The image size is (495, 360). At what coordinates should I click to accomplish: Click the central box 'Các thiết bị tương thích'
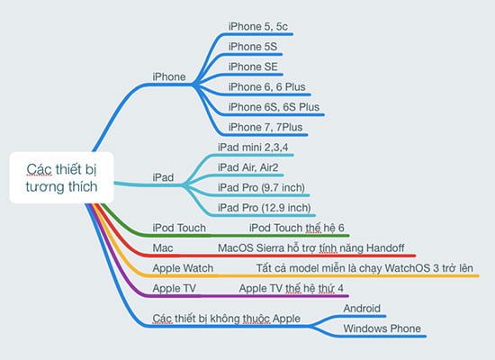click(61, 177)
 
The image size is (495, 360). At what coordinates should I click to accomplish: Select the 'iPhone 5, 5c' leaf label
click(258, 26)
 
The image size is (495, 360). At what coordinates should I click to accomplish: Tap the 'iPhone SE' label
click(253, 67)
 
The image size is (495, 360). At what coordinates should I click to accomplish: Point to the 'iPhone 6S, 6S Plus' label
click(274, 107)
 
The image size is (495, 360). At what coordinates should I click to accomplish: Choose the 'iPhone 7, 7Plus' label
click(265, 127)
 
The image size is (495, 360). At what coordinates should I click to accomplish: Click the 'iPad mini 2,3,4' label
click(253, 148)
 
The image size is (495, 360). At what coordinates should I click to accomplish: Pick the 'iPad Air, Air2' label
click(247, 167)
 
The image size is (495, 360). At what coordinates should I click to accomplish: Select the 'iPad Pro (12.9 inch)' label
click(265, 208)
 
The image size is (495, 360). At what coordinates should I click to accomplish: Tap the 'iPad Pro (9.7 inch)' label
click(261, 187)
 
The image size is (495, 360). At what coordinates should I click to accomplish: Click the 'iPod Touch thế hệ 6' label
click(297, 228)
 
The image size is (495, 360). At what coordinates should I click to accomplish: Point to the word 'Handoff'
click(385, 247)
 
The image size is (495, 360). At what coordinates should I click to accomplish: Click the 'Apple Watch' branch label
click(183, 268)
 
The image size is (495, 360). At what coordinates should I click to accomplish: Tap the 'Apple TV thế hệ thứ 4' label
click(291, 288)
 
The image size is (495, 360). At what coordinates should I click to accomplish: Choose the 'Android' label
click(362, 309)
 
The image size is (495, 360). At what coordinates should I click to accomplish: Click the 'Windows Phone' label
click(382, 328)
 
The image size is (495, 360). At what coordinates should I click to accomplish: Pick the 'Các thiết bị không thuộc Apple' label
click(226, 319)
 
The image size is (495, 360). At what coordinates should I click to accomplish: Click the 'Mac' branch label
click(163, 247)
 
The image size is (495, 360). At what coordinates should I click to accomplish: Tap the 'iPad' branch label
click(163, 177)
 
